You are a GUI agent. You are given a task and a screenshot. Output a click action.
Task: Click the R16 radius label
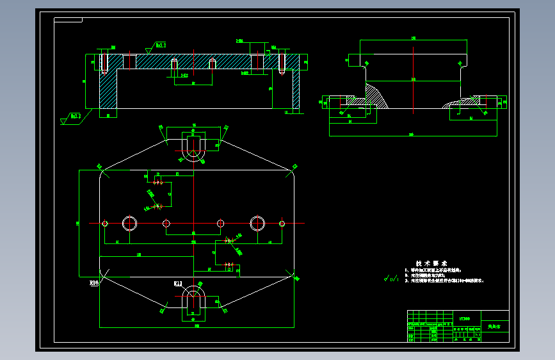tap(94, 281)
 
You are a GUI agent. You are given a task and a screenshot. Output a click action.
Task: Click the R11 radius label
tap(178, 282)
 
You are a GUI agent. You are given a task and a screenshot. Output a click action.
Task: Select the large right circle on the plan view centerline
tap(257, 224)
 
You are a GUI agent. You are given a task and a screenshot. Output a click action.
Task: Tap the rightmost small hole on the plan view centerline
tap(282, 224)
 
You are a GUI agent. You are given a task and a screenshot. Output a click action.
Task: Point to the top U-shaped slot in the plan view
tap(193, 147)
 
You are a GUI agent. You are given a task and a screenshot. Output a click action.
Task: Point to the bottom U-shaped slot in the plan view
tap(193, 300)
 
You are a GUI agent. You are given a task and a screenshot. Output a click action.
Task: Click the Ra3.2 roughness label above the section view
tap(159, 45)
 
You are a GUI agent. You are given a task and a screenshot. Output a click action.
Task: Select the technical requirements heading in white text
tap(431, 263)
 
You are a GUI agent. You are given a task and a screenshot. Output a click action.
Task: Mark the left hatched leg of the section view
tap(108, 90)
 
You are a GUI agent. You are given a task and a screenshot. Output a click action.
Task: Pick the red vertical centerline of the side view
tap(414, 77)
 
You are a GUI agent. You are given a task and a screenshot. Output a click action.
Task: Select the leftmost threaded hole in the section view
tap(103, 63)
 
